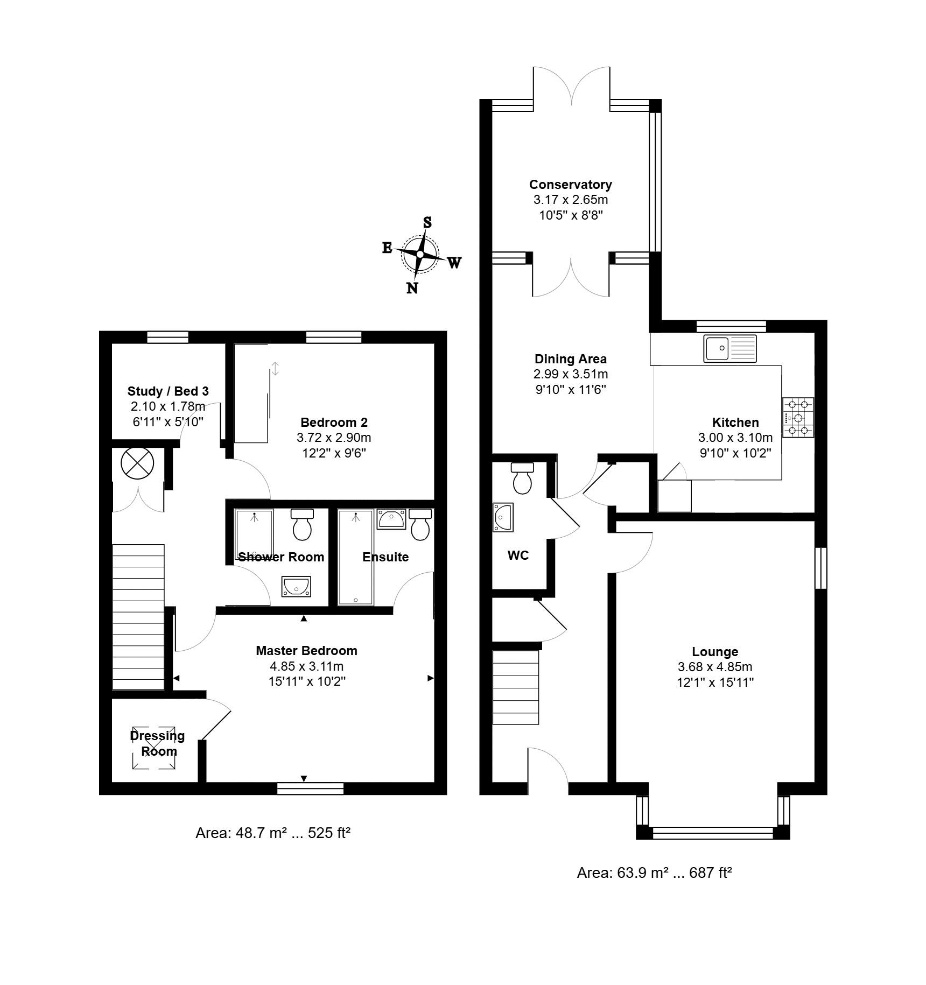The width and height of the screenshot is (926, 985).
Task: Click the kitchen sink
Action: (729, 348)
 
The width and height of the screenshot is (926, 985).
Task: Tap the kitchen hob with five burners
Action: (798, 417)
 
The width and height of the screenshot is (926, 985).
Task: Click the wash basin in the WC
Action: (503, 517)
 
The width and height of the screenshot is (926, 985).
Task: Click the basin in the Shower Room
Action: (296, 586)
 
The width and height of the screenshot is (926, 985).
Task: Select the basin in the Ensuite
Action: (391, 519)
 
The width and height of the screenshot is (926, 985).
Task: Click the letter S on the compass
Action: (427, 222)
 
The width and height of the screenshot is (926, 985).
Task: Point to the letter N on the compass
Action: (412, 288)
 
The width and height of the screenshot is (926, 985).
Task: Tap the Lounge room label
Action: (715, 652)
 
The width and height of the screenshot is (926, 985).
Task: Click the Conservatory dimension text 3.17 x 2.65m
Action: (571, 200)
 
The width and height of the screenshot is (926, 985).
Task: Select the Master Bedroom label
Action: (306, 651)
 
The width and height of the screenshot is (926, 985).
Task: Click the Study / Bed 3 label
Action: (168, 391)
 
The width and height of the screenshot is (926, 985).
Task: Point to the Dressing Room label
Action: (157, 743)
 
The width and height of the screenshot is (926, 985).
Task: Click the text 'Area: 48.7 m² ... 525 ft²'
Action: (273, 833)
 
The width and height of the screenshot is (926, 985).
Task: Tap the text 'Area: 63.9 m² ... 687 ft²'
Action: (654, 873)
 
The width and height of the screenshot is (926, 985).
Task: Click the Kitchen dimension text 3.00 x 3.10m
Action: (735, 438)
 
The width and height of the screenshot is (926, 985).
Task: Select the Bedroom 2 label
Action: (334, 423)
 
